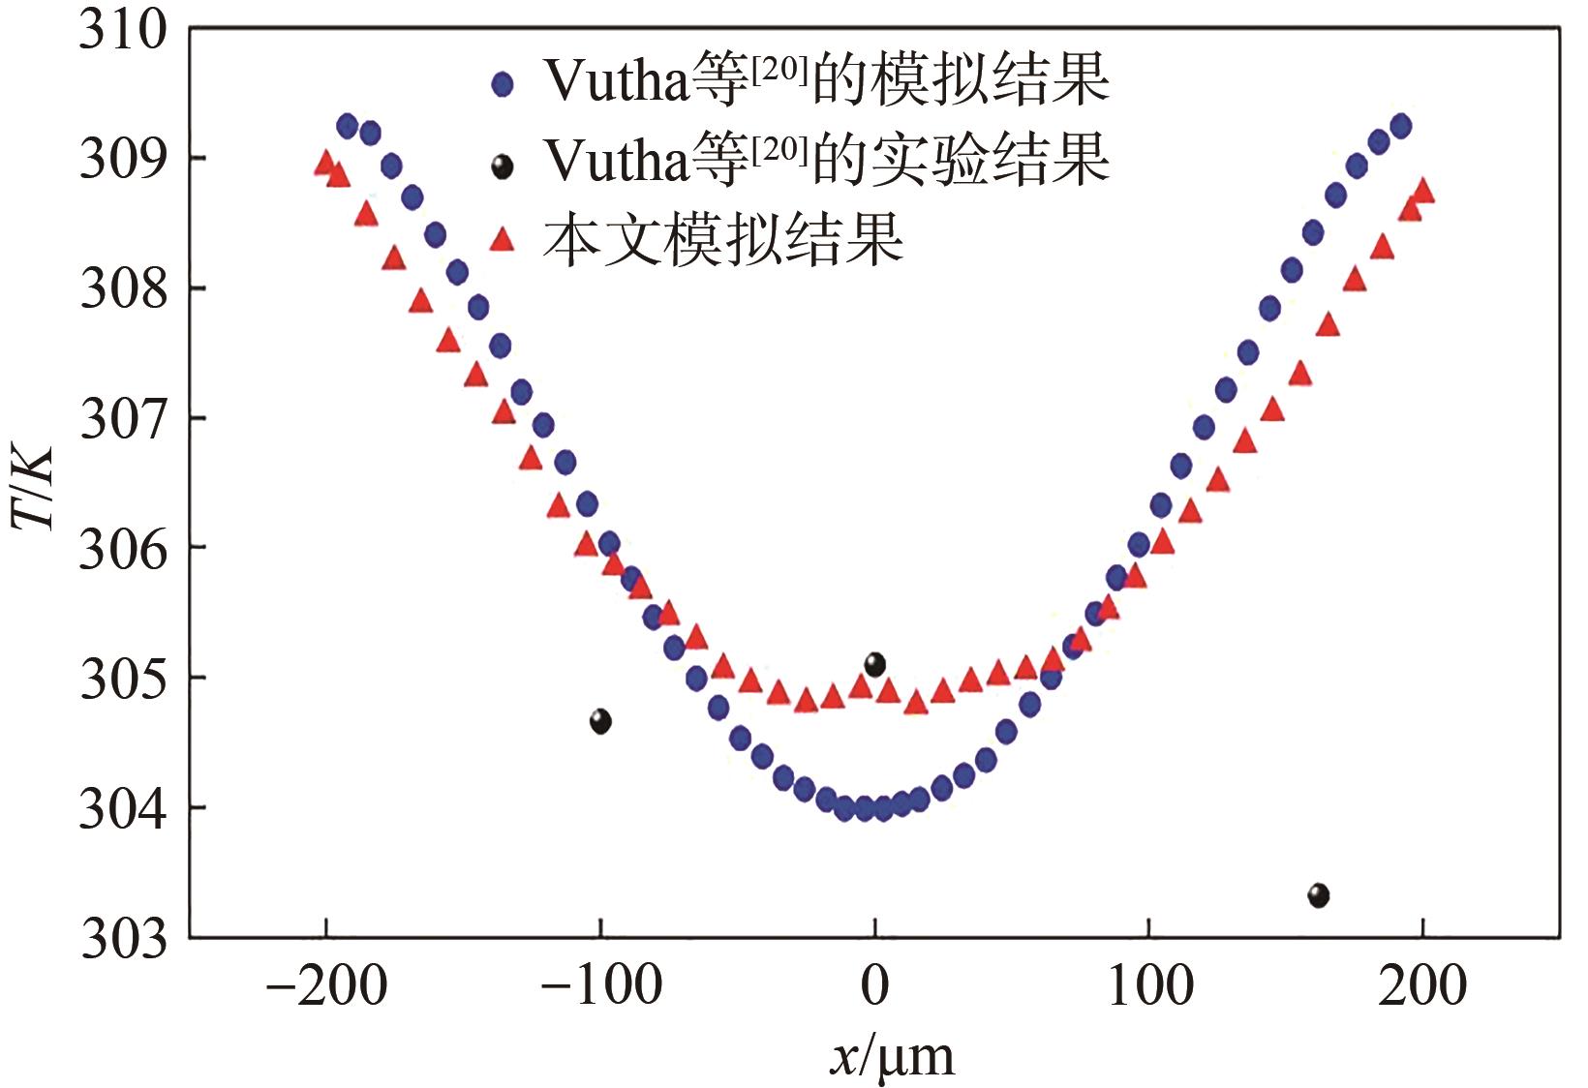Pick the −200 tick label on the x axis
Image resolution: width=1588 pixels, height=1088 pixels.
point(326,986)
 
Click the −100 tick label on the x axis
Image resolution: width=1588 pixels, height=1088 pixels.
point(600,986)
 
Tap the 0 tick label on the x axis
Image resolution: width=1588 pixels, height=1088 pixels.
point(874,986)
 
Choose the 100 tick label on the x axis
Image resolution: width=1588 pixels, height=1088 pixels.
point(1149,986)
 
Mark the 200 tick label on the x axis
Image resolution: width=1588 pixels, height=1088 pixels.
point(1422,986)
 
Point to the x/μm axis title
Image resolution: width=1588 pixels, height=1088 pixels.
point(892,1056)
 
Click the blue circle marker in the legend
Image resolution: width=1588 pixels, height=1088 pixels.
point(502,84)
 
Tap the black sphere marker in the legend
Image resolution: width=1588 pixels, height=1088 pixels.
point(502,167)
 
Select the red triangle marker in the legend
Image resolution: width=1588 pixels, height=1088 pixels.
point(502,238)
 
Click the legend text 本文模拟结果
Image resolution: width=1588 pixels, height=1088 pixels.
point(722,239)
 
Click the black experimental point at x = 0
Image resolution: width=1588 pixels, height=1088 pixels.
point(875,665)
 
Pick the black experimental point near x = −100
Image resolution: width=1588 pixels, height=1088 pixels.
point(600,721)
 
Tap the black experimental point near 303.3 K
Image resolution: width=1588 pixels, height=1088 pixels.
point(1319,895)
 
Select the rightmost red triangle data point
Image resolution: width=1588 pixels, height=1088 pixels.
point(1423,191)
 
